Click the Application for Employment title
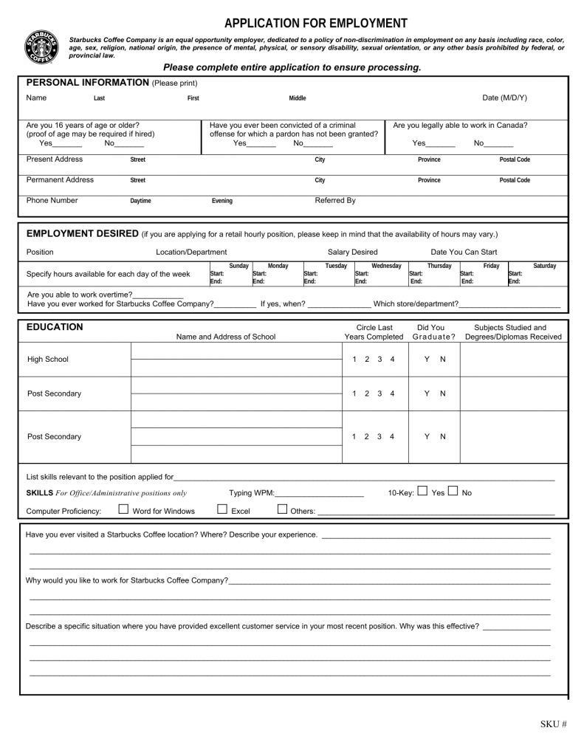[x=316, y=23]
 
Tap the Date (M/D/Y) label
[x=504, y=98]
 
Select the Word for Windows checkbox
[x=124, y=509]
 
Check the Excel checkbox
[x=222, y=509]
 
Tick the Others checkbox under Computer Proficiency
[x=283, y=509]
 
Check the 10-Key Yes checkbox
[x=422, y=491]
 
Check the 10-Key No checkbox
[x=453, y=491]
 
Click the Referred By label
[x=335, y=200]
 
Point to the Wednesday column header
[x=386, y=266]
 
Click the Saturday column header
[x=544, y=266]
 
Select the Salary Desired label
[x=352, y=252]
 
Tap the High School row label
[x=47, y=360]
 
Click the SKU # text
[x=553, y=724]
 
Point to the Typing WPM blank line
[x=319, y=493]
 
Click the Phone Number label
[x=52, y=200]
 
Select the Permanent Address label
[x=60, y=180]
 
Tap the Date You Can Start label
[x=464, y=252]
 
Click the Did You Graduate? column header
[x=430, y=332]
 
